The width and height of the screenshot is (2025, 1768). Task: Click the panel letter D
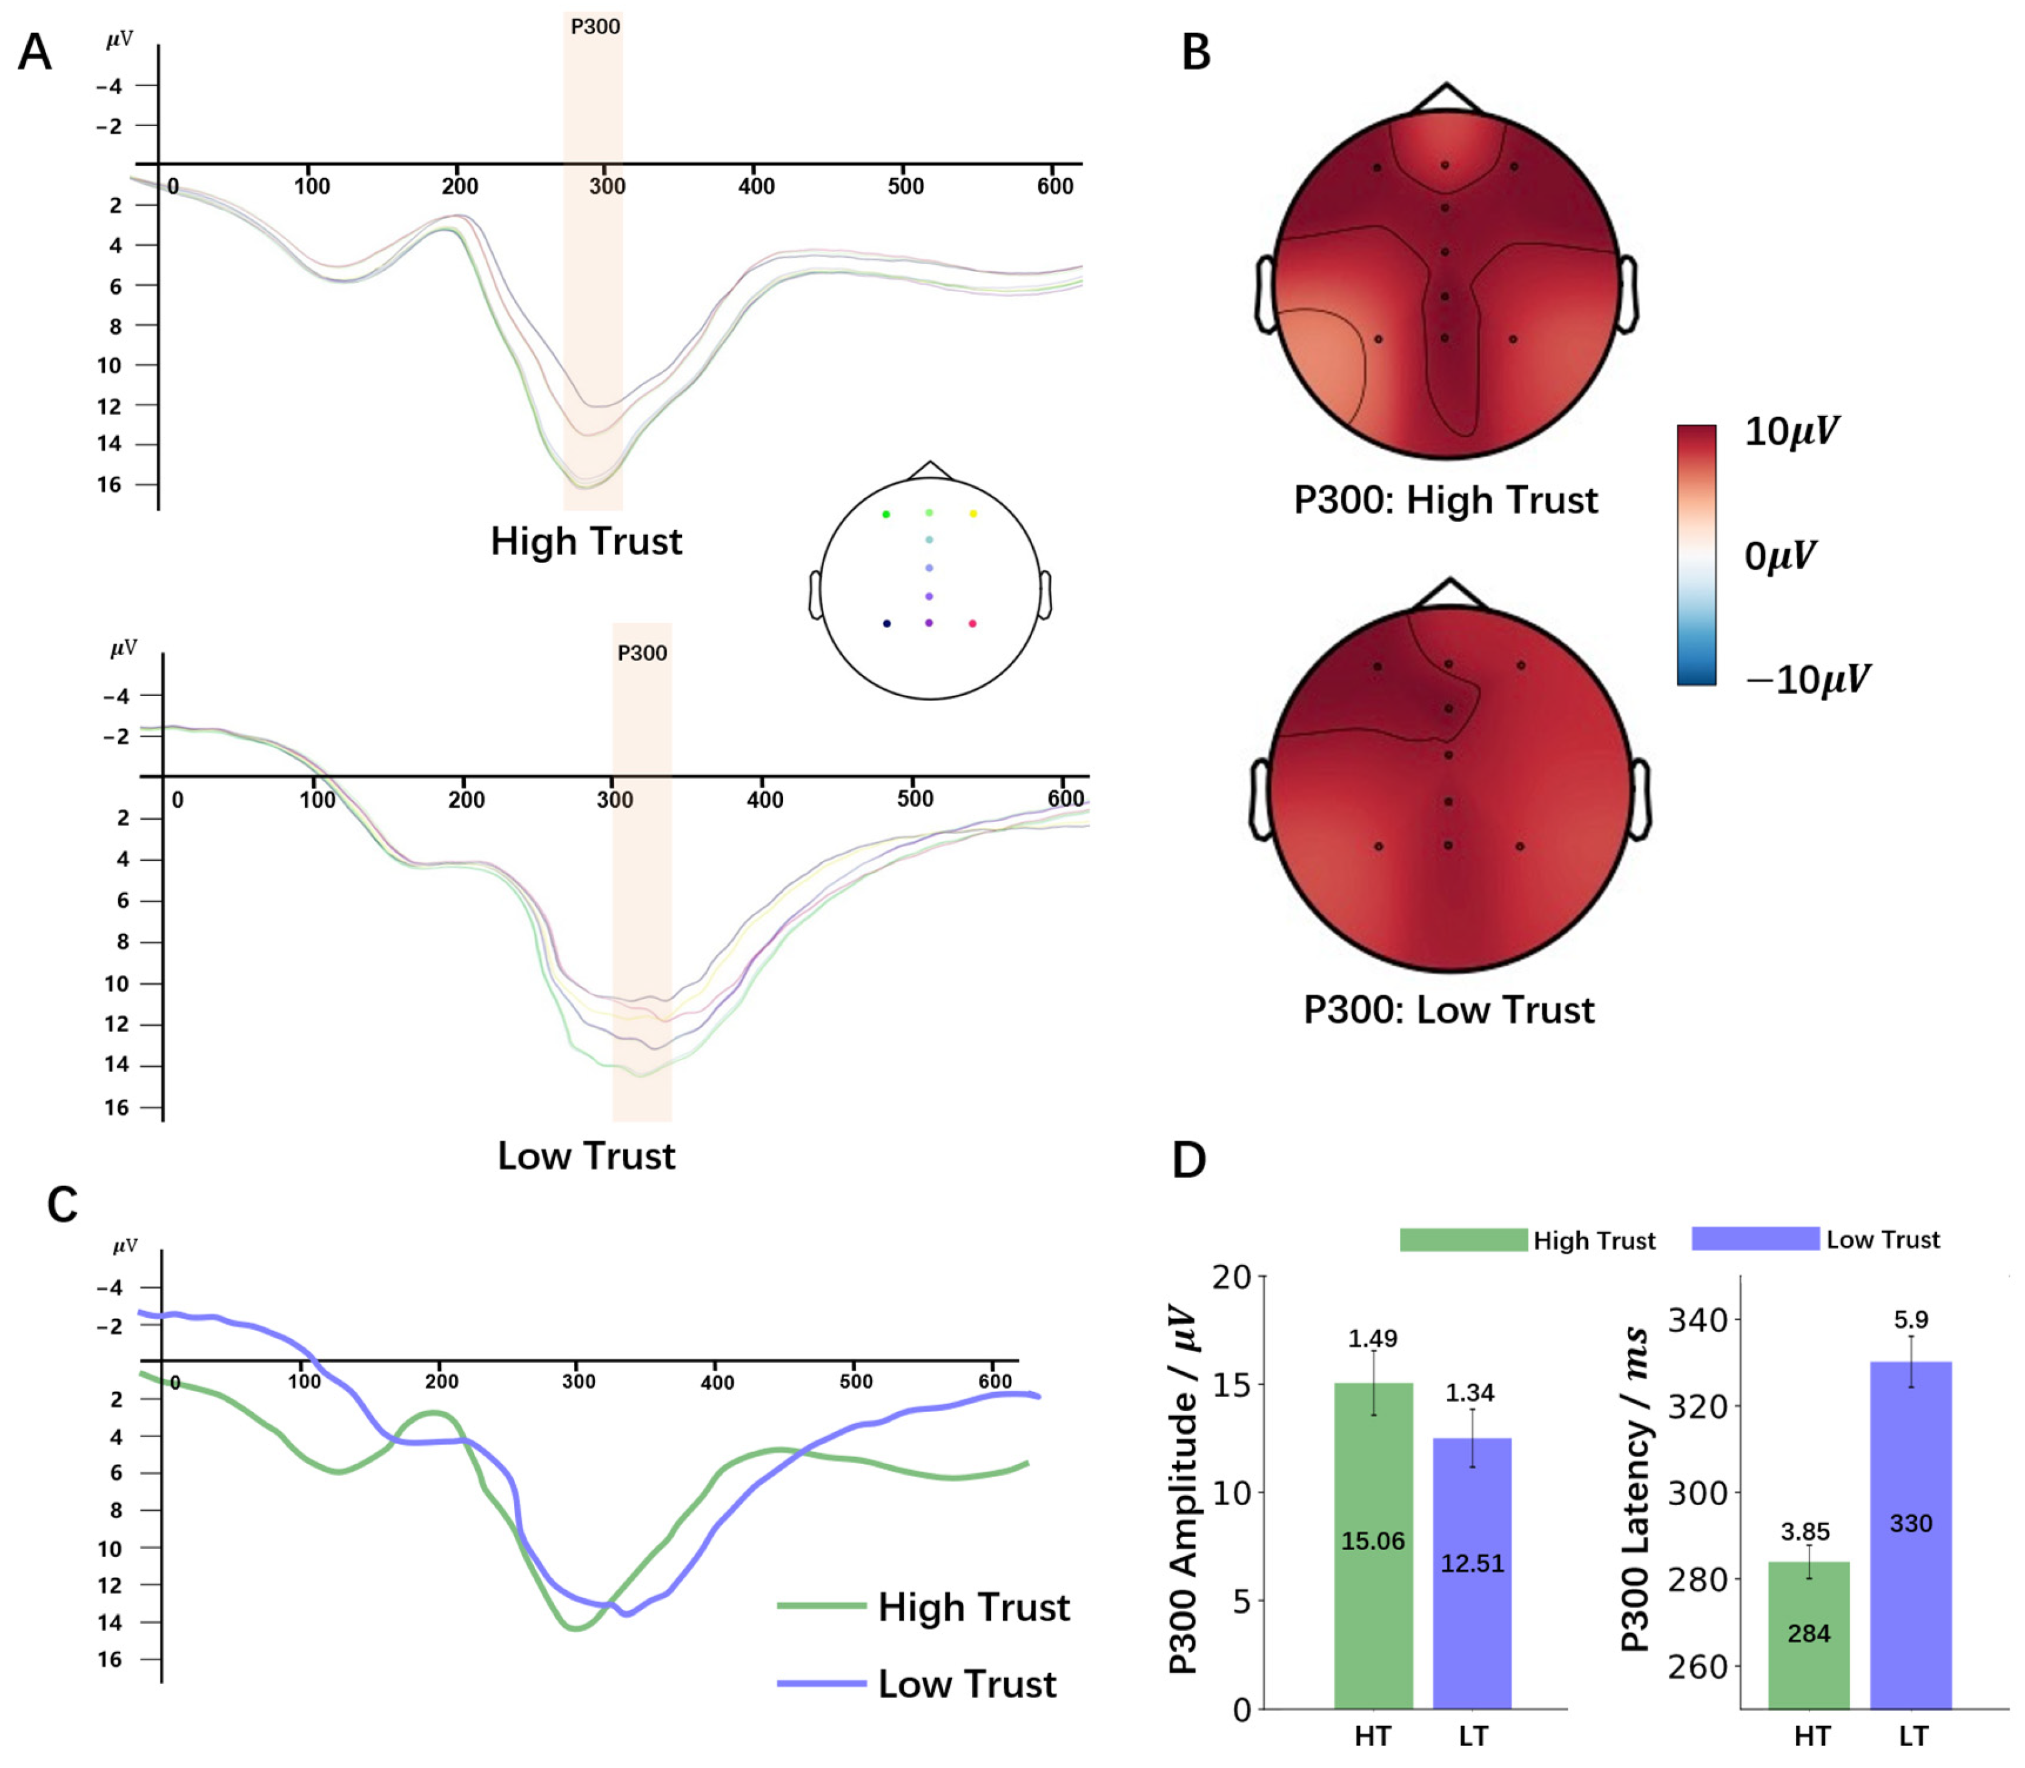click(x=1188, y=1160)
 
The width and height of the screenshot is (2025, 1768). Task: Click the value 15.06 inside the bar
click(x=1372, y=1541)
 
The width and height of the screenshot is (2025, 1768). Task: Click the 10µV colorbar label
click(x=1791, y=432)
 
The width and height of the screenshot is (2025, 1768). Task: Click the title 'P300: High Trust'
click(x=1445, y=500)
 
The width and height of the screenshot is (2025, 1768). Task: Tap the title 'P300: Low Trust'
click(x=1449, y=1010)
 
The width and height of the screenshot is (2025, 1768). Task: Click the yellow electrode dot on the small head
click(x=973, y=514)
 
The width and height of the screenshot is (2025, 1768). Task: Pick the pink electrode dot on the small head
click(x=972, y=624)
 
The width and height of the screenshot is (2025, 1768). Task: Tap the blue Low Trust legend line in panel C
click(x=821, y=1683)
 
